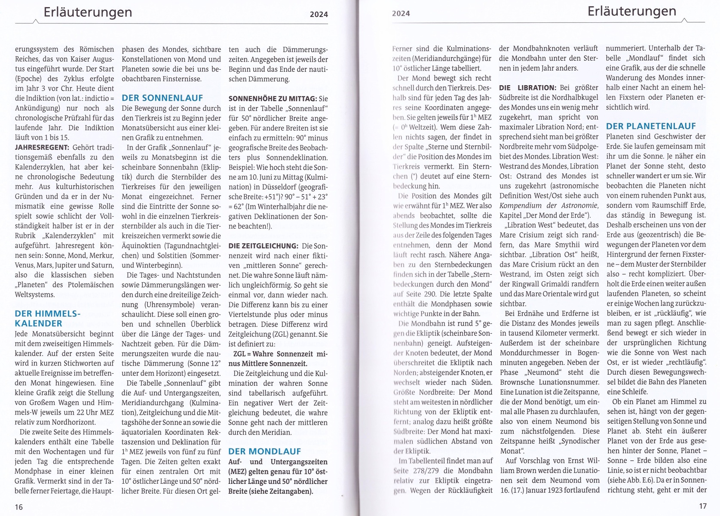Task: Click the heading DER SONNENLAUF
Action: [x=162, y=98]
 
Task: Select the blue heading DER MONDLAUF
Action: [x=264, y=451]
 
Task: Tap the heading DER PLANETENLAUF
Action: [x=650, y=126]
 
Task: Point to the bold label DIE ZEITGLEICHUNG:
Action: [x=263, y=246]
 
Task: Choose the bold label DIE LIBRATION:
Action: [x=527, y=88]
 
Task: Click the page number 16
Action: [x=19, y=507]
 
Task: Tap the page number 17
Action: [x=702, y=506]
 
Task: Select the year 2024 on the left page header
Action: [x=319, y=14]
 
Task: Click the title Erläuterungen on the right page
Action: [x=631, y=11]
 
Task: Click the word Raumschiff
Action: [x=668, y=205]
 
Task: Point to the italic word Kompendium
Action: [x=521, y=206]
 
